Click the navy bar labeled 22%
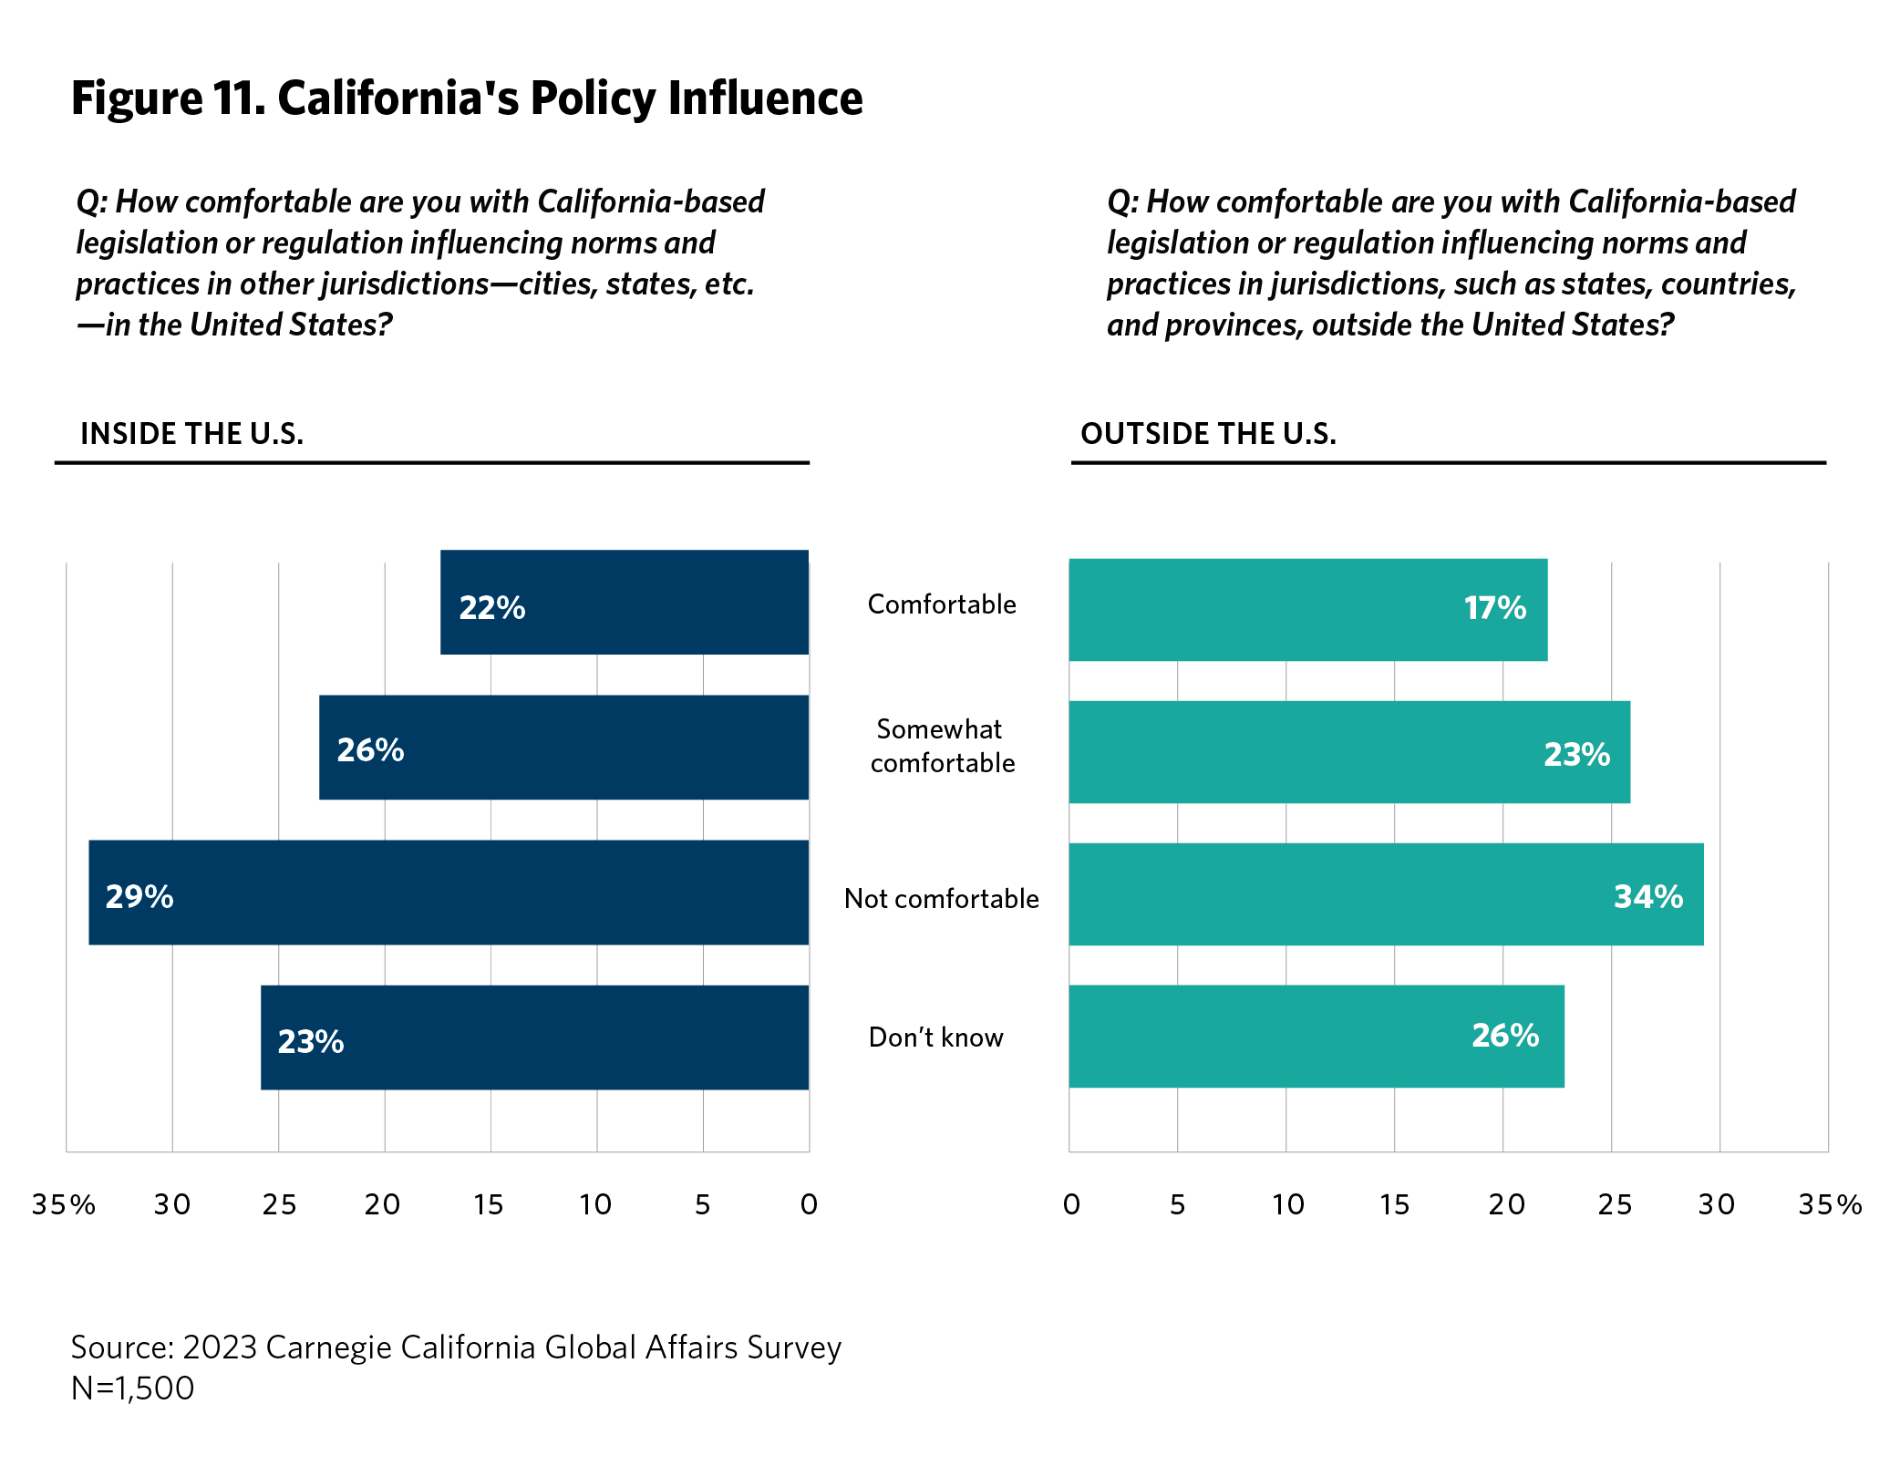pos(625,602)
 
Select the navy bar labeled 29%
pos(449,893)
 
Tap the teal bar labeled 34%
pos(1386,894)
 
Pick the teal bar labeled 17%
pos(1307,610)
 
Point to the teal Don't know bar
pos(1317,1037)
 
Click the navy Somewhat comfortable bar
pos(563,748)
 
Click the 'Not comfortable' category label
pos(941,899)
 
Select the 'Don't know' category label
pos(935,1038)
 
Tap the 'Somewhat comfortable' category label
pos(941,746)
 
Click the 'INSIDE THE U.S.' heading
pos(192,434)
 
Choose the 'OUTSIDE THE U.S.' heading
pos(1208,434)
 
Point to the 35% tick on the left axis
pos(64,1205)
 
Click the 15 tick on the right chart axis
pos(1394,1205)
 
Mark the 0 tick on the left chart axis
pos(809,1205)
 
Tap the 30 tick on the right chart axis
pos(1717,1205)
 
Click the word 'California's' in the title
pos(398,98)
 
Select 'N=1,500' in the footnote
pos(133,1389)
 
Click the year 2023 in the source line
pos(219,1347)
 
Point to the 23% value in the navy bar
pos(311,1041)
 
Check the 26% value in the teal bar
pos(1505,1036)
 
